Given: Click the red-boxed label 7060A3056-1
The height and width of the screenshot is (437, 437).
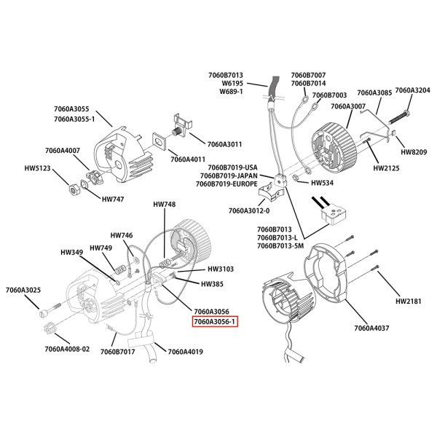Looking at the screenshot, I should [216, 321].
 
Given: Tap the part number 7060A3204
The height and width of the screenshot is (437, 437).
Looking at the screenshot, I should [412, 91].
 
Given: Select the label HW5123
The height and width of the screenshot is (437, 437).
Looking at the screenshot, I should [37, 168].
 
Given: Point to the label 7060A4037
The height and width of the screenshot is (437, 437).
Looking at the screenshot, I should [372, 328].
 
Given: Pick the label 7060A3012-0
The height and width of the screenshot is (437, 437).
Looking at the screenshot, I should [249, 210].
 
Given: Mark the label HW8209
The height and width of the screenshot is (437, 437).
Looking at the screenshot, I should [414, 152].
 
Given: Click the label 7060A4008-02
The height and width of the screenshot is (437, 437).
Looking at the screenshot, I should [67, 349].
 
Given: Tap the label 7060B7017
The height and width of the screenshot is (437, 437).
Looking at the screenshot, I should [118, 353].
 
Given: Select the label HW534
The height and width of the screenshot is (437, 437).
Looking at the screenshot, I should [321, 183].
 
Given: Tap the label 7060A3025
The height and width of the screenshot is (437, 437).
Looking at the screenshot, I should [22, 291].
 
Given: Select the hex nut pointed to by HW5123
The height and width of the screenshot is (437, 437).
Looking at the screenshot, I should [74, 189].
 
